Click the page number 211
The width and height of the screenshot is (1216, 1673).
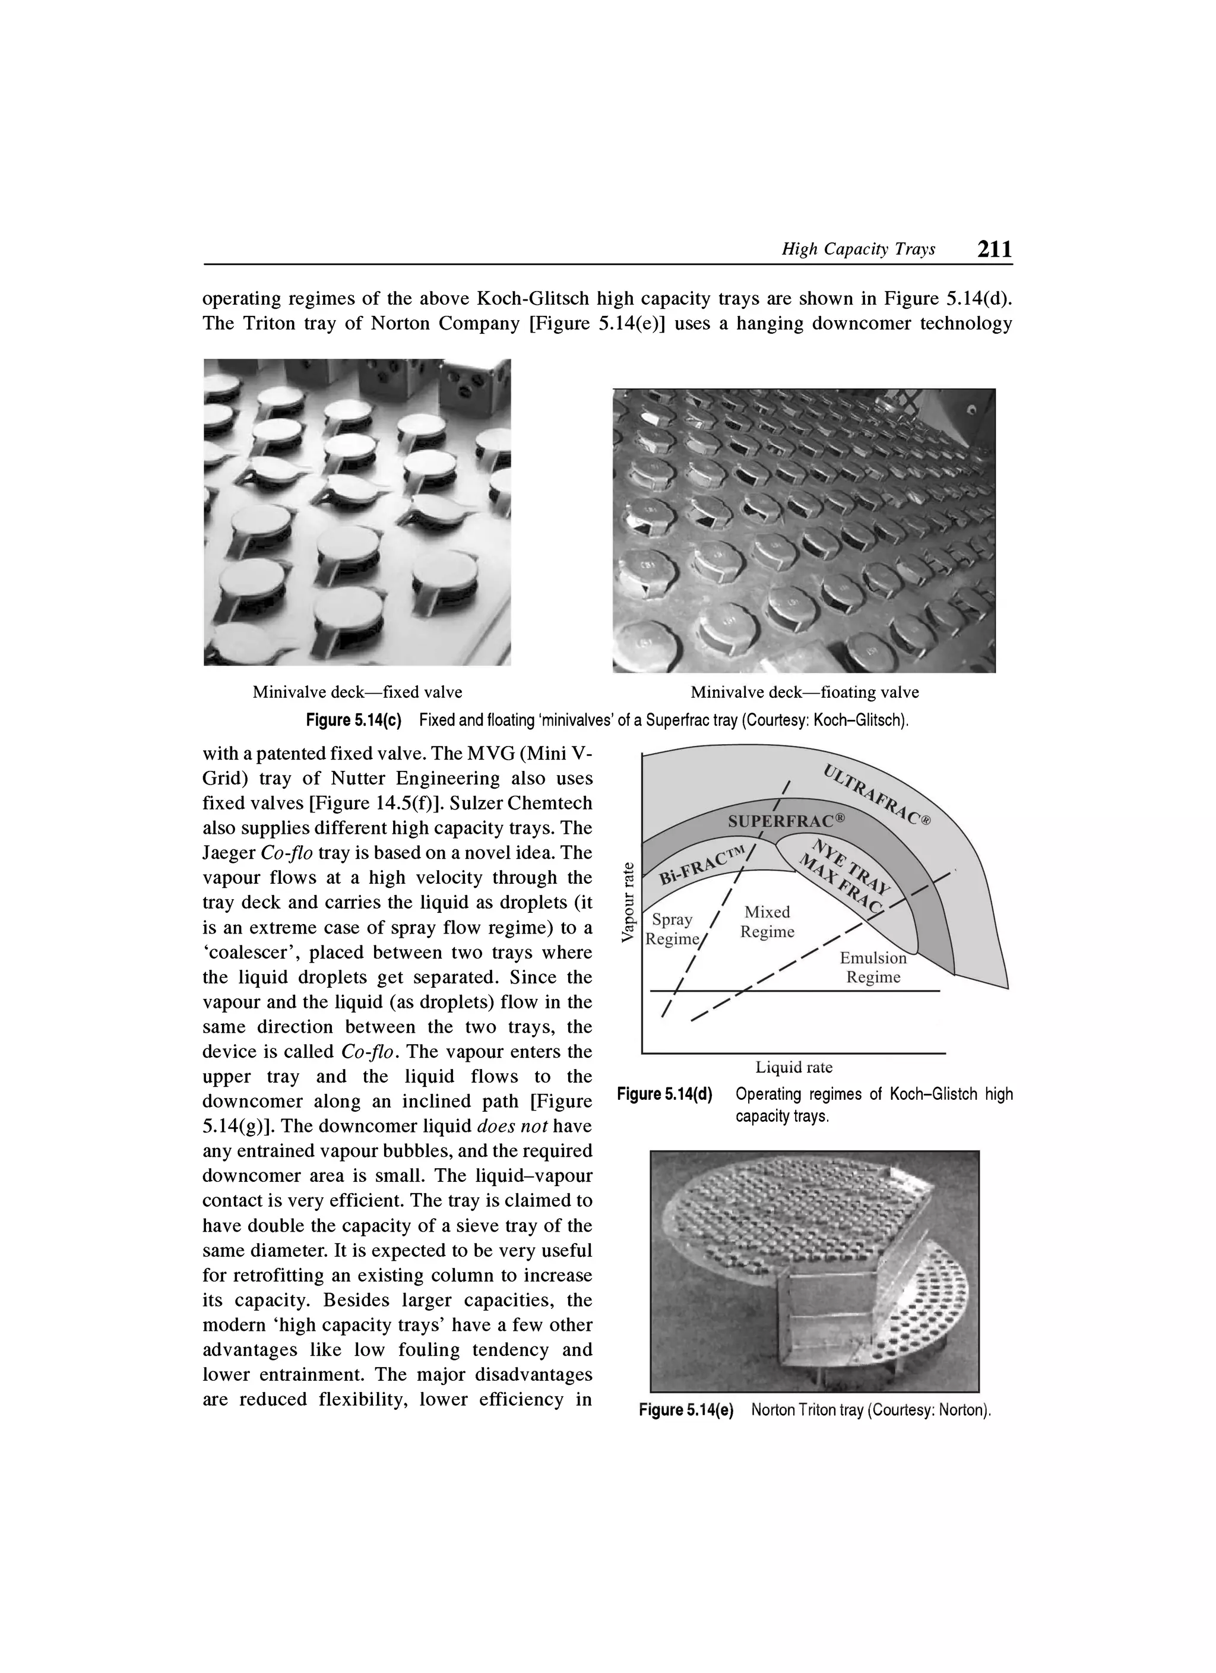tap(994, 249)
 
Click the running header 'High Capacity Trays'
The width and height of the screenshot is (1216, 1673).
tap(859, 249)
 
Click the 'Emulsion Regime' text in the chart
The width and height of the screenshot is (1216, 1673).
tap(873, 967)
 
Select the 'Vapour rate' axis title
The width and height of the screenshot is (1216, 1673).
tap(628, 902)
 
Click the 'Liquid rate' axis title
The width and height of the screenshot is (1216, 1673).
tap(793, 1067)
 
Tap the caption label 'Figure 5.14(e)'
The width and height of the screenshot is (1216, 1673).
tap(686, 1410)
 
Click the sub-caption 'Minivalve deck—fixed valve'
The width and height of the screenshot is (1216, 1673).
tap(357, 692)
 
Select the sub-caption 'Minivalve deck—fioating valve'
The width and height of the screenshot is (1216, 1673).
tap(805, 692)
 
